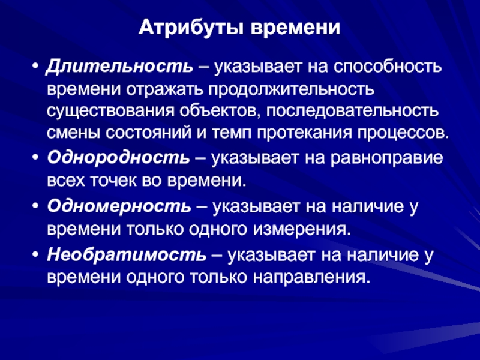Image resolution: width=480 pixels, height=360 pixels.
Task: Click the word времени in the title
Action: tap(295, 28)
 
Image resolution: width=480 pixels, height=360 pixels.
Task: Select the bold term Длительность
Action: tap(119, 67)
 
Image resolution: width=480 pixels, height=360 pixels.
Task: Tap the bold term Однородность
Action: tap(118, 158)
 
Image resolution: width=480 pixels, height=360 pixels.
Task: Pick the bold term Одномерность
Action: tap(119, 206)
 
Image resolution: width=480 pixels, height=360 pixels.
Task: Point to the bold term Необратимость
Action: tap(127, 254)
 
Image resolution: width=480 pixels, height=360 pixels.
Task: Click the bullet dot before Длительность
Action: tap(36, 67)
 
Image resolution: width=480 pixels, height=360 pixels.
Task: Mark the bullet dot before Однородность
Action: tap(36, 158)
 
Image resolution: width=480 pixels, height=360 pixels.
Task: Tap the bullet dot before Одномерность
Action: tap(36, 206)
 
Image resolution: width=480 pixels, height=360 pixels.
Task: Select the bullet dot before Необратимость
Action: tap(36, 255)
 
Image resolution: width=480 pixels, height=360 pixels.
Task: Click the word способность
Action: tap(387, 67)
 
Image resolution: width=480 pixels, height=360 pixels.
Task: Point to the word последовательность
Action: tap(352, 111)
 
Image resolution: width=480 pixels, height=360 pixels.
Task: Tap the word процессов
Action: tap(403, 133)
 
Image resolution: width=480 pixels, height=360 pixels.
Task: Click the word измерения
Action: tap(301, 230)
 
